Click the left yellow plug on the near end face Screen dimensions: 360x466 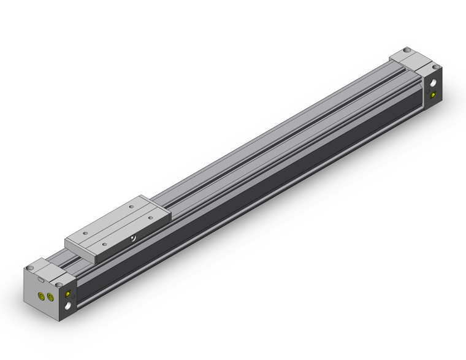[41, 296]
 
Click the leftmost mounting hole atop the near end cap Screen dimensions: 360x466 [28, 269]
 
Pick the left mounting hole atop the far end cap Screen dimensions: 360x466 [406, 51]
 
